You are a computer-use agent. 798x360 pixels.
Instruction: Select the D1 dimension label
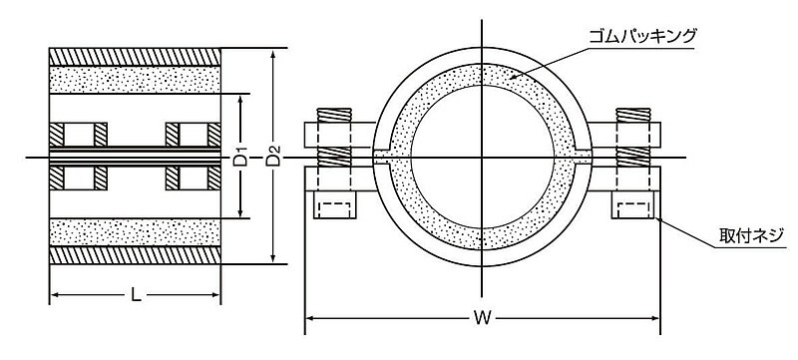[x=240, y=157]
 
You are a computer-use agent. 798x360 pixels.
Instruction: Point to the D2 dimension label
[x=273, y=157]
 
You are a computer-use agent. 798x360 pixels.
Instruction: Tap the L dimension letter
[x=136, y=294]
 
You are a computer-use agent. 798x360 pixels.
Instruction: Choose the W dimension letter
[x=482, y=318]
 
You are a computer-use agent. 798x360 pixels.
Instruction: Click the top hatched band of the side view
[x=135, y=57]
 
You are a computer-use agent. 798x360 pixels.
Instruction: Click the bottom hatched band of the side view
[x=135, y=255]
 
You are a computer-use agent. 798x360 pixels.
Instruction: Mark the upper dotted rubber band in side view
[x=135, y=80]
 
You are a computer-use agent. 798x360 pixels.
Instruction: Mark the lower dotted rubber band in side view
[x=135, y=232]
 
